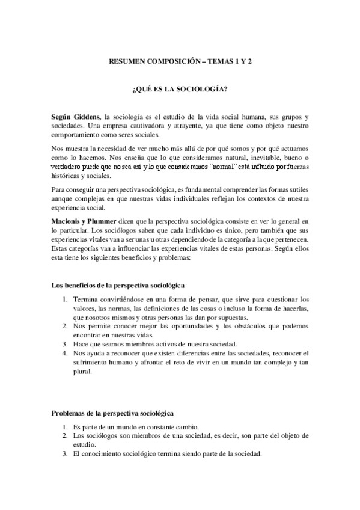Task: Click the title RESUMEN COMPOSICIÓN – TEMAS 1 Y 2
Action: [180, 61]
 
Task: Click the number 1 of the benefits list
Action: [64, 299]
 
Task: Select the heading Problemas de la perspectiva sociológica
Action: [113, 414]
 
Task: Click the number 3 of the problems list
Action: [64, 455]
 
